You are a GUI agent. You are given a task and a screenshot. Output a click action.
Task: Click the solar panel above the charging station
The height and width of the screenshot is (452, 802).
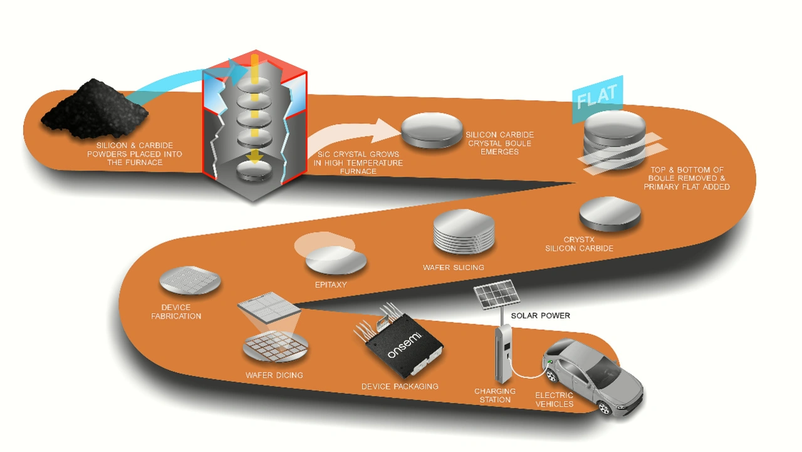click(x=495, y=295)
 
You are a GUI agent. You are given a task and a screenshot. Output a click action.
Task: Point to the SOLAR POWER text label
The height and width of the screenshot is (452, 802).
click(x=540, y=315)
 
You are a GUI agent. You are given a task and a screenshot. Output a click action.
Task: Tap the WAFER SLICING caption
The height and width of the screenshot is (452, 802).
click(x=453, y=268)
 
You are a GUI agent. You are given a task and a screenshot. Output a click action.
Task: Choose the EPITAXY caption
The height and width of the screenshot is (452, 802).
click(x=330, y=285)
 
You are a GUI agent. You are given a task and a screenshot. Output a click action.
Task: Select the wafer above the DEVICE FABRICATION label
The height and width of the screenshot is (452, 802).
click(x=190, y=280)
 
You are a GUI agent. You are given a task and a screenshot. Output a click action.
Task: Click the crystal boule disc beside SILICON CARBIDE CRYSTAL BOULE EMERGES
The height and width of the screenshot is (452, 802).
click(x=432, y=130)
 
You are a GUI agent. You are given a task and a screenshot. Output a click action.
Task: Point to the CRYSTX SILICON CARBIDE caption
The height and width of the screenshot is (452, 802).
click(x=579, y=244)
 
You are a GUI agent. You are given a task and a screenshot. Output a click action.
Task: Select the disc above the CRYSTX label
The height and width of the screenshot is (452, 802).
click(x=610, y=213)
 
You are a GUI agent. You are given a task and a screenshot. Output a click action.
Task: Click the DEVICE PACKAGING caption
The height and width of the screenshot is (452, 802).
click(x=400, y=386)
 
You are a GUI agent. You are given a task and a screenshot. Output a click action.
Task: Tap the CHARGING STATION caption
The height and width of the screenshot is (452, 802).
click(x=495, y=396)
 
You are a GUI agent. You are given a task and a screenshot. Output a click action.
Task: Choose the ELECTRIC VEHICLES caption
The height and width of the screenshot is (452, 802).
click(x=554, y=399)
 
